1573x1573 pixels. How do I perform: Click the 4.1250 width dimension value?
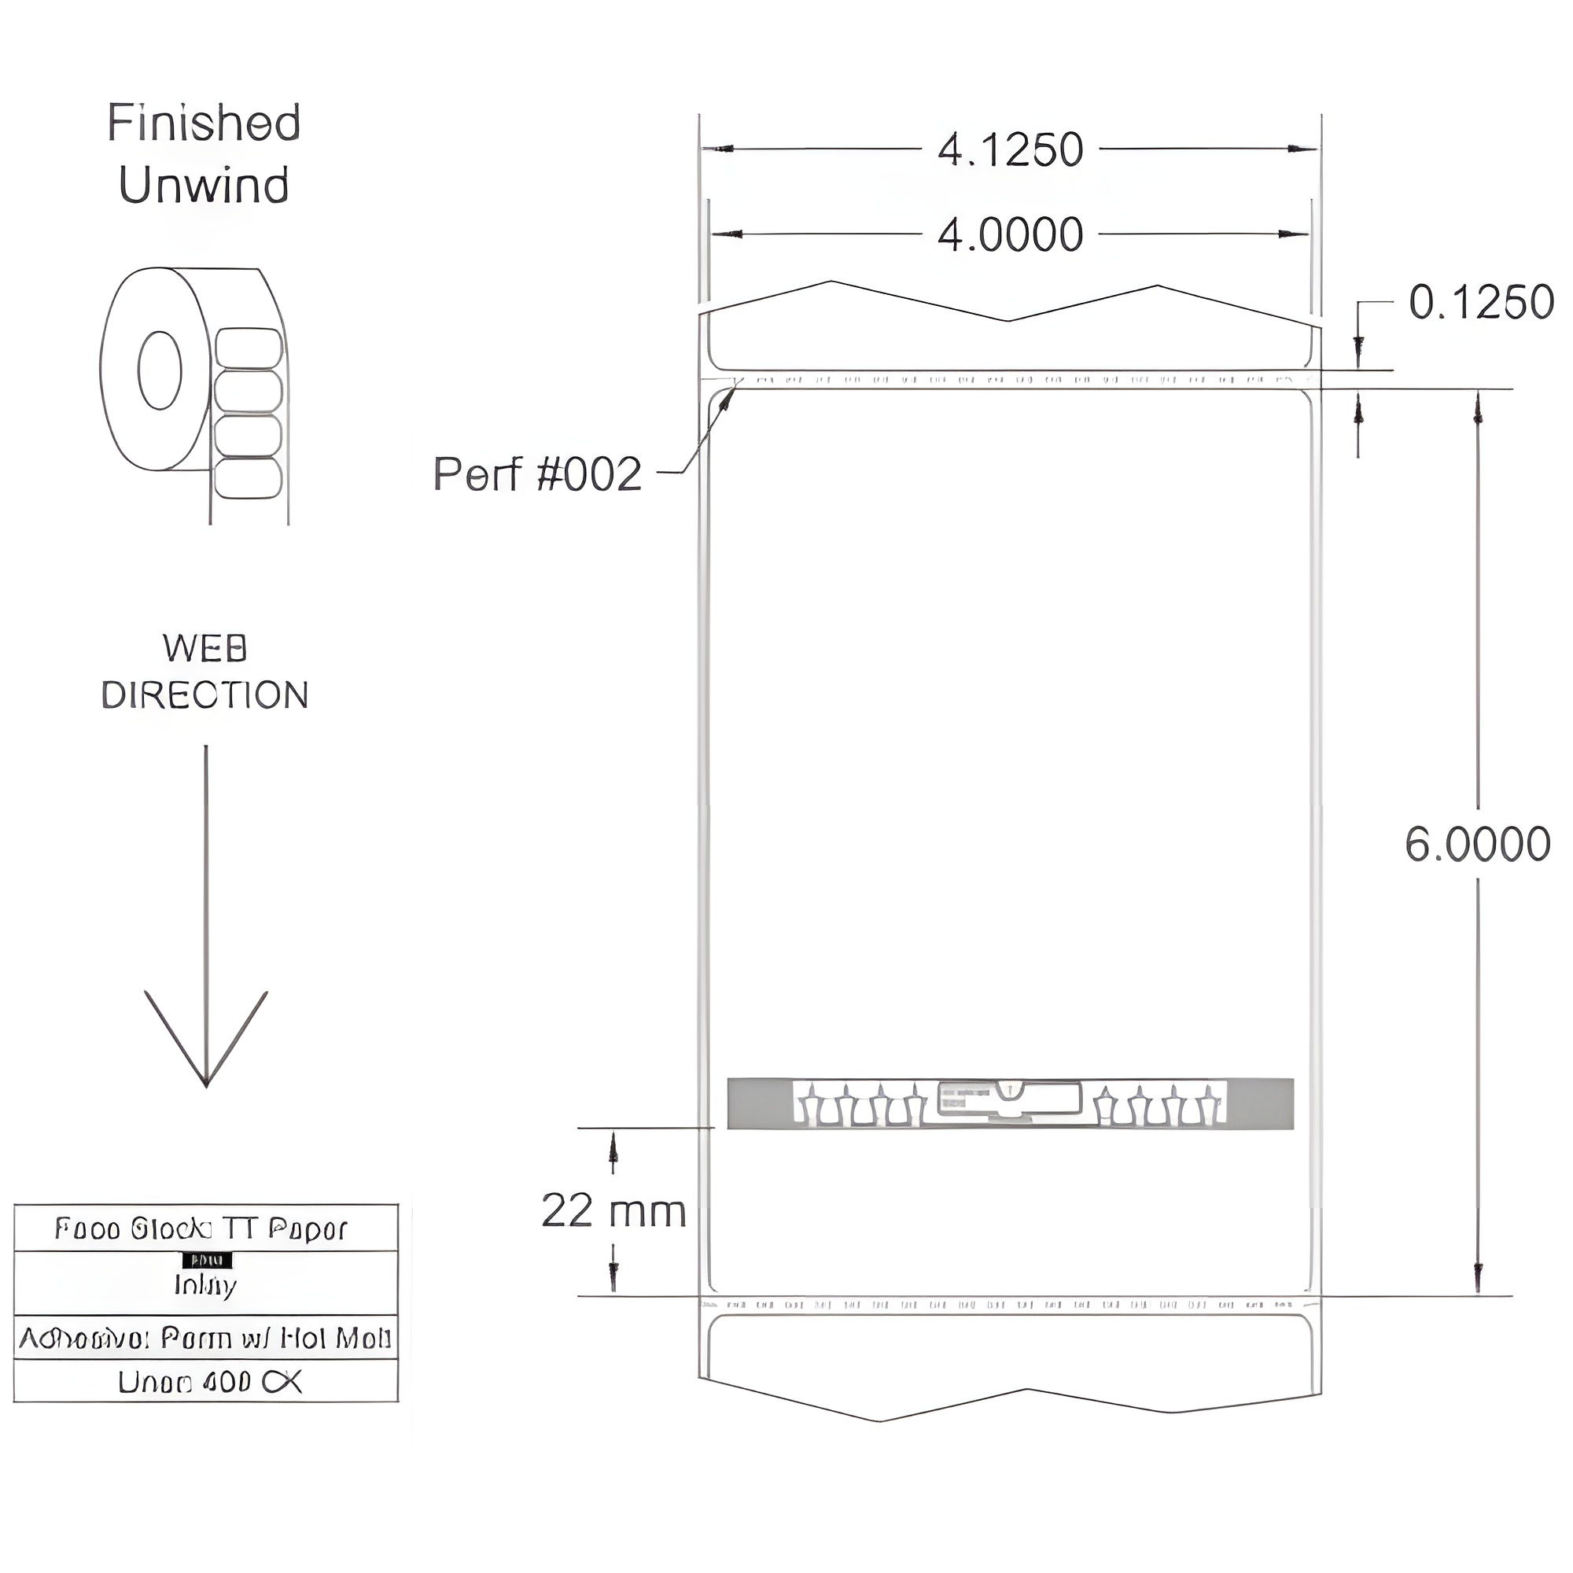(1010, 149)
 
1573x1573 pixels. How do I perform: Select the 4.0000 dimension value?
(1010, 235)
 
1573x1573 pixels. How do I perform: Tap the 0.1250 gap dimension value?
(1481, 303)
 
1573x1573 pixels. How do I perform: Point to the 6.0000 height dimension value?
(1477, 844)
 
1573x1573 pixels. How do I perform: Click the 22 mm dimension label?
(613, 1210)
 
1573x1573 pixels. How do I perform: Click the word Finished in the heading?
(204, 123)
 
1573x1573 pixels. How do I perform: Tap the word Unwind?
(204, 186)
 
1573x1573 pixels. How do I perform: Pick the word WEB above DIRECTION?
(204, 649)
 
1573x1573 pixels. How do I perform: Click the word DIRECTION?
(204, 695)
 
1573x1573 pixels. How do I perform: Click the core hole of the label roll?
(160, 370)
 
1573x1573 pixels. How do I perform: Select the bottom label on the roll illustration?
(249, 479)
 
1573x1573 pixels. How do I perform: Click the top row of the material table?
(205, 1229)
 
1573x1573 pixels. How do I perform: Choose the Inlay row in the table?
(205, 1285)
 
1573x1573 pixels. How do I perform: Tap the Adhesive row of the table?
(205, 1339)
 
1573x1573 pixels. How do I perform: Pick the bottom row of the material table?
(205, 1383)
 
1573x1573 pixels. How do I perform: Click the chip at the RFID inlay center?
(1010, 1100)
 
